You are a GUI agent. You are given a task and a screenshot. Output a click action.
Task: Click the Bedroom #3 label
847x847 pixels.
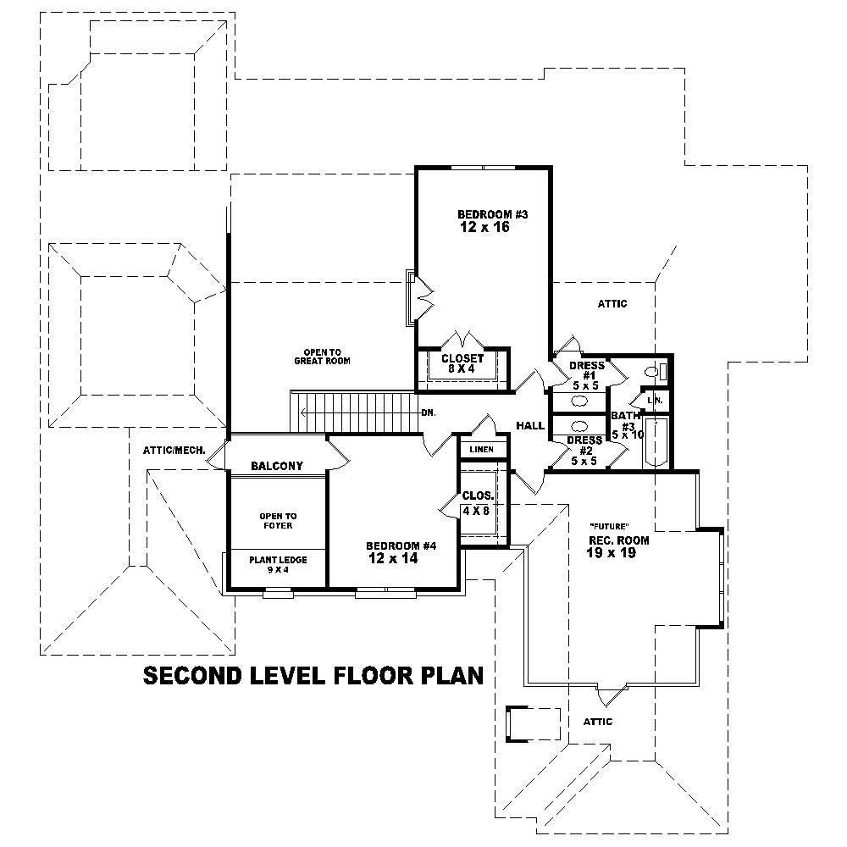click(x=492, y=214)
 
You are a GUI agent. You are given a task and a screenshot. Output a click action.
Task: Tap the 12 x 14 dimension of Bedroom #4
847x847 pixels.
click(x=393, y=559)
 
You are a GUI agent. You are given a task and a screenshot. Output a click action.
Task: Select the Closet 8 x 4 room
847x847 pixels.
click(x=462, y=364)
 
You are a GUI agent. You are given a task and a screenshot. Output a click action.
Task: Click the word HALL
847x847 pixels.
click(x=530, y=426)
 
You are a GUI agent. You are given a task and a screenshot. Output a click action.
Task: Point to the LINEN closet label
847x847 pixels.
click(x=482, y=448)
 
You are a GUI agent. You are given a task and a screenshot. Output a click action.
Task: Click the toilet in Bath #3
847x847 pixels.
click(x=650, y=371)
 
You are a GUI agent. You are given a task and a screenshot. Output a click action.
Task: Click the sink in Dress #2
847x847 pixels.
click(x=581, y=426)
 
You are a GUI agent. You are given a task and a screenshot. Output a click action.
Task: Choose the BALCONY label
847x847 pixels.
click(x=277, y=466)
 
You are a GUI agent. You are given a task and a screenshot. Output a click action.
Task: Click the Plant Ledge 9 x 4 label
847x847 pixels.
click(x=277, y=564)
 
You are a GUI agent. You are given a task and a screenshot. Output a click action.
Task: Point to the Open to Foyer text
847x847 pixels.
click(x=278, y=520)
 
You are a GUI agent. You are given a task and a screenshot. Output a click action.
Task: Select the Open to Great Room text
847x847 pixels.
click(x=322, y=357)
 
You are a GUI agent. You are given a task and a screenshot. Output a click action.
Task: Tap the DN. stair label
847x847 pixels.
click(x=428, y=413)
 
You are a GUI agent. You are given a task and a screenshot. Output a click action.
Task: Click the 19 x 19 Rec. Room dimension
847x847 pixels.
click(x=611, y=553)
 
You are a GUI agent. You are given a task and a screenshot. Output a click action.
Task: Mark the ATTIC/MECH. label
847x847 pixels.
click(x=173, y=450)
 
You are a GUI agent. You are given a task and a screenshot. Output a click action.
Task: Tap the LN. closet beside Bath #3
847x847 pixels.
click(x=654, y=399)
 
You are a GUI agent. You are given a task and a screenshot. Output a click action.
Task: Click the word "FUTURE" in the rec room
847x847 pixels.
click(x=608, y=526)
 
